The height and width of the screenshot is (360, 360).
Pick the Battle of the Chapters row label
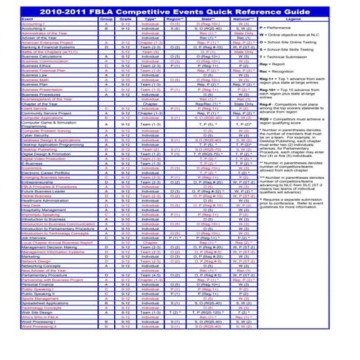pos(29,52)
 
